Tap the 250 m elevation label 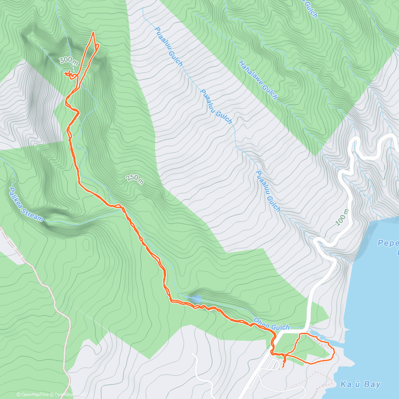coord(135,179)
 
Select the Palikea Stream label coord(26,204)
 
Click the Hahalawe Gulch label coord(258,80)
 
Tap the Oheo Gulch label coord(271,324)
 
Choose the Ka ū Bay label coord(360,385)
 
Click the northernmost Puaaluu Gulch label coord(169,46)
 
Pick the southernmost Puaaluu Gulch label coord(268,191)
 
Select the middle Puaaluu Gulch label coord(216,106)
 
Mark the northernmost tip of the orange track coord(93,32)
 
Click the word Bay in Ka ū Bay coord(372,385)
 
